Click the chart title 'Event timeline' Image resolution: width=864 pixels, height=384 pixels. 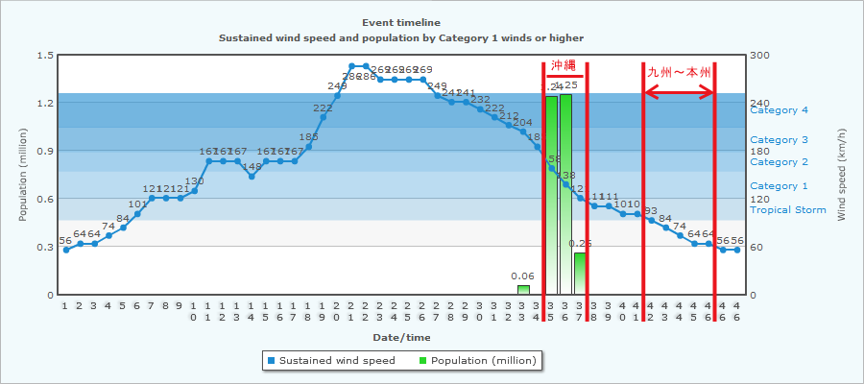(x=401, y=22)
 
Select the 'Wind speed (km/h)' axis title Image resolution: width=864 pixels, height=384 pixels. (x=842, y=175)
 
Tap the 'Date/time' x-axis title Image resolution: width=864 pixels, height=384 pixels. (x=401, y=337)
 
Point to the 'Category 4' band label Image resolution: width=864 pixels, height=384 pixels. (x=779, y=109)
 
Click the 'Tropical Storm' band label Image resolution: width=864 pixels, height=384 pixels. (x=787, y=209)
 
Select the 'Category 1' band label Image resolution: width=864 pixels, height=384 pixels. (x=779, y=185)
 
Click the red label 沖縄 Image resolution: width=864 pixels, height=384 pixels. (x=564, y=65)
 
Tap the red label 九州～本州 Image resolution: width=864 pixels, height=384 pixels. (x=679, y=71)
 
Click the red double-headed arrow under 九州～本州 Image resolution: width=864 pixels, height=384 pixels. (x=679, y=92)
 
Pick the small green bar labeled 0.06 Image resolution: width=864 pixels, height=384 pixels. (x=523, y=290)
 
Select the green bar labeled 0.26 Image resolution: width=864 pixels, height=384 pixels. (x=580, y=274)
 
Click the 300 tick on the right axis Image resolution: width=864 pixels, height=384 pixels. (x=759, y=55)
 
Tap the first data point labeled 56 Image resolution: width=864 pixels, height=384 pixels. (x=65, y=250)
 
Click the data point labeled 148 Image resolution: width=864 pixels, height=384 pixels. (x=252, y=177)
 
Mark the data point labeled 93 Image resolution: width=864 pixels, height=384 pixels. (x=651, y=220)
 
